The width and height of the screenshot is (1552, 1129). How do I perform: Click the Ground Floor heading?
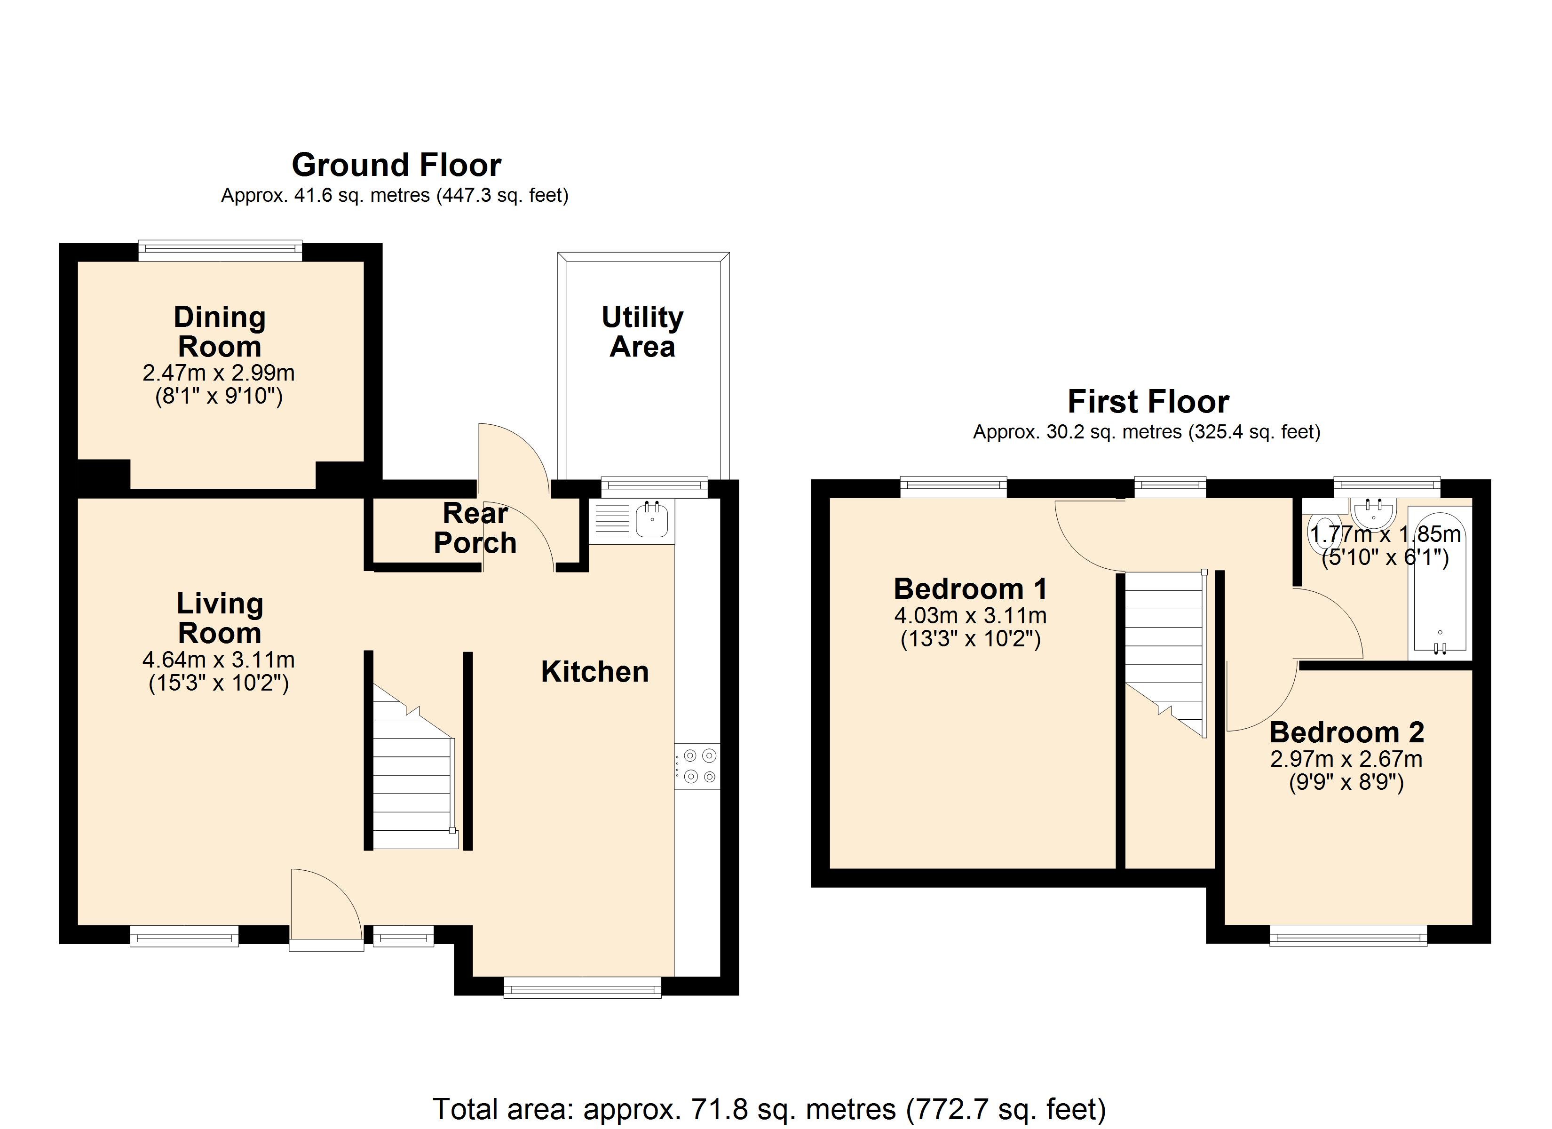pos(396,165)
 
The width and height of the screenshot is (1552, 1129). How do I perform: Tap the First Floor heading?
pos(1148,401)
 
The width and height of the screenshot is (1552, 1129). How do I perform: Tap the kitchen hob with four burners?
pos(698,765)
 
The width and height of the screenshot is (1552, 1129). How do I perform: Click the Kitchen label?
pos(594,672)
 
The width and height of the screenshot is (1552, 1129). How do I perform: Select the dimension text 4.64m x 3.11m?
pos(218,660)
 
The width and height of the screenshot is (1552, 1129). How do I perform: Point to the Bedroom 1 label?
pos(970,589)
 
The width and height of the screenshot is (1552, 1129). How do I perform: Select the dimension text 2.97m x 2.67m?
pos(1346,759)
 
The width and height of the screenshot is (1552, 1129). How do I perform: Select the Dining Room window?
pos(220,251)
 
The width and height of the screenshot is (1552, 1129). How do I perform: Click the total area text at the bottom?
pos(768,1108)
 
